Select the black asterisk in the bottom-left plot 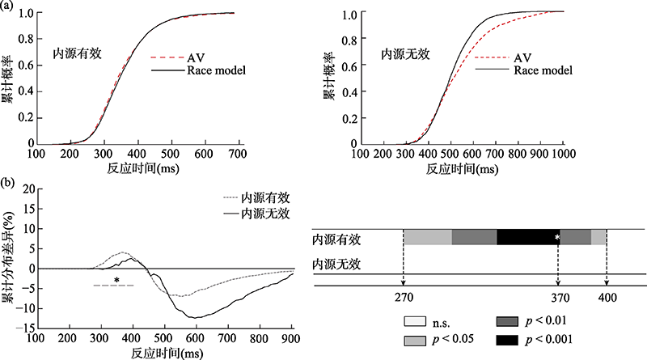click(x=116, y=281)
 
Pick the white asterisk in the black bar click(x=557, y=237)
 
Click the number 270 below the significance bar click(x=403, y=297)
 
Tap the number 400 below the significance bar click(x=607, y=297)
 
